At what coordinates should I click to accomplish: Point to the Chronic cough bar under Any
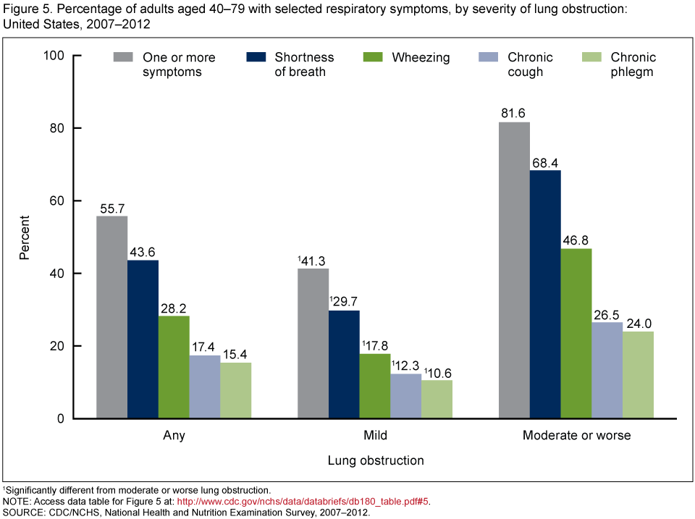pos(205,387)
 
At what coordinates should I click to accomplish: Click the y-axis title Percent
pos(25,237)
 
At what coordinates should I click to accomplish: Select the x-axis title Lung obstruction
pos(375,460)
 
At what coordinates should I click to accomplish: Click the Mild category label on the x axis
pos(375,436)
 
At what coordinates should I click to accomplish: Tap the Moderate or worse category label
pos(576,436)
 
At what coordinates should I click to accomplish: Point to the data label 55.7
pos(111,208)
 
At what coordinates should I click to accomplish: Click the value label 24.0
pos(638,324)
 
